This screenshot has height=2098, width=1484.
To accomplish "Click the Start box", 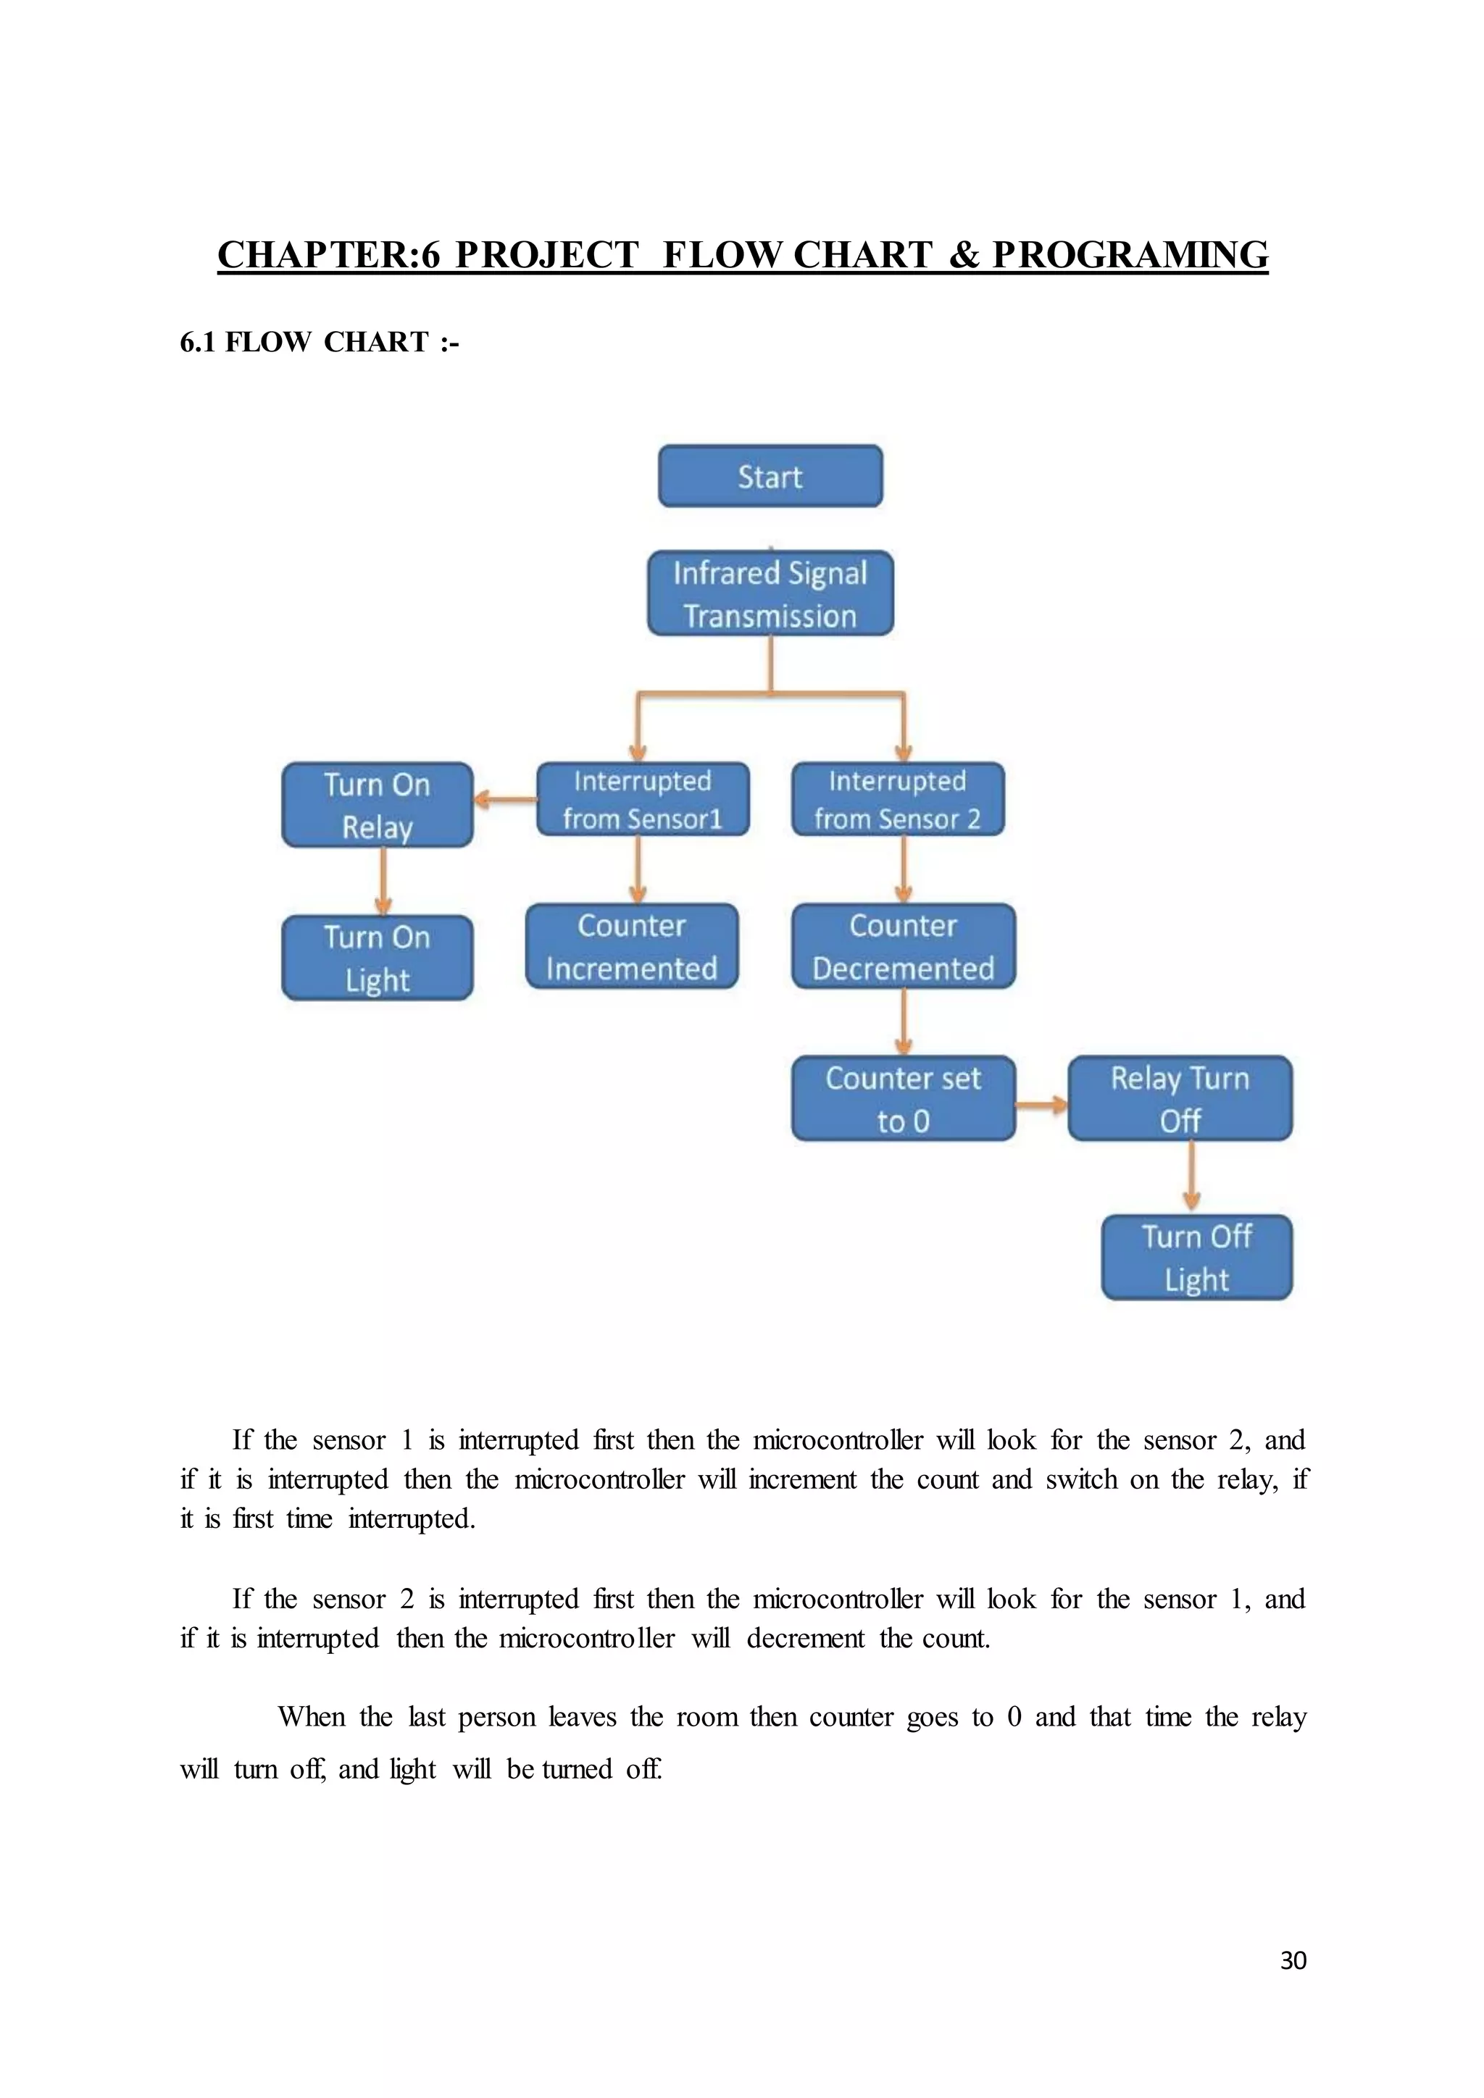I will pyautogui.click(x=770, y=476).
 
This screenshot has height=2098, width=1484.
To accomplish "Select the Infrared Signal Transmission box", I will pyautogui.click(x=770, y=593).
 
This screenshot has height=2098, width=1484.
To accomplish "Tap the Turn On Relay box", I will pyautogui.click(x=378, y=805).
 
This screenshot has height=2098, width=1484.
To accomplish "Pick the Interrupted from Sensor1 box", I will pyautogui.click(x=643, y=800).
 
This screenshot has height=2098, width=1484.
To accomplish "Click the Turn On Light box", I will pyautogui.click(x=378, y=958).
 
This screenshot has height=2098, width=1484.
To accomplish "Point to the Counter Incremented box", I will pyautogui.click(x=631, y=947).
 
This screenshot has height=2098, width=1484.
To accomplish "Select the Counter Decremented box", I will pyautogui.click(x=903, y=947).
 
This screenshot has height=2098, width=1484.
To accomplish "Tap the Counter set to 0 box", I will pyautogui.click(x=903, y=1098).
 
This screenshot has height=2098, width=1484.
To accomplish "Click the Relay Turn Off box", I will pyautogui.click(x=1180, y=1098).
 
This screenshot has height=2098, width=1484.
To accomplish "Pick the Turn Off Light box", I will pyautogui.click(x=1196, y=1258).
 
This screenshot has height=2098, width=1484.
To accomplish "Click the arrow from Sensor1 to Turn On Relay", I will pyautogui.click(x=505, y=801).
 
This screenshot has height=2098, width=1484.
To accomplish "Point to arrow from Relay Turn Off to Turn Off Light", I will pyautogui.click(x=1191, y=1177).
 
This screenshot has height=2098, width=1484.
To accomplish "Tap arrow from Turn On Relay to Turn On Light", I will pyautogui.click(x=383, y=881).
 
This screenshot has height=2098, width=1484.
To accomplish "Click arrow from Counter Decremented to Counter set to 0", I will pyautogui.click(x=904, y=1021).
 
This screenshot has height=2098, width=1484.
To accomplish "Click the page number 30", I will pyautogui.click(x=1293, y=1960).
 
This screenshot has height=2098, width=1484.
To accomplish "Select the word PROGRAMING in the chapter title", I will pyautogui.click(x=1130, y=255).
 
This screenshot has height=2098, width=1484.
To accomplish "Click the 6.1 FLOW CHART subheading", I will pyautogui.click(x=319, y=342).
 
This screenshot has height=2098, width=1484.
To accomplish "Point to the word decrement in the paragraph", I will pyautogui.click(x=805, y=1639).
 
